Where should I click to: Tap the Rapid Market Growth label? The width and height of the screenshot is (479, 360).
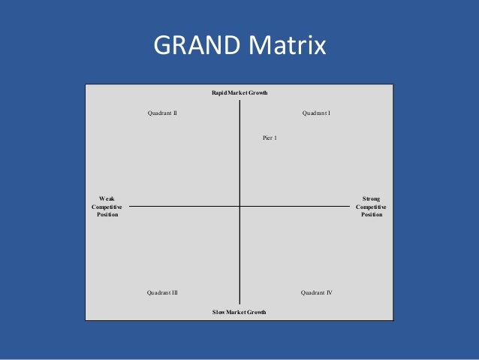coord(239,92)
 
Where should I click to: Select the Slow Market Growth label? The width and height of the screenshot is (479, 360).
coord(239,311)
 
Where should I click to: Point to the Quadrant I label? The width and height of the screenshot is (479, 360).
coord(317,113)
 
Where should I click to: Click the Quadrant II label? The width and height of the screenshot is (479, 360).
coord(162,113)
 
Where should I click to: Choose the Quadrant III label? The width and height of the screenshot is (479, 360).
coord(162,292)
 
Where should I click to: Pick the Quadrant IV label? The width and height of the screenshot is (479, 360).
coord(317,292)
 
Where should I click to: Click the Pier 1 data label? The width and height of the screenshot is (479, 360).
coord(270,138)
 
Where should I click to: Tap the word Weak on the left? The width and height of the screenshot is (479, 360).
coord(107,198)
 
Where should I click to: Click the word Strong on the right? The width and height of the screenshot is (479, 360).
coord(371,198)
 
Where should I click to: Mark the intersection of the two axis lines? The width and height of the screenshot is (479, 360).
coord(239,205)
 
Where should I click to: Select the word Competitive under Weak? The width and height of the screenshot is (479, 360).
coord(107,207)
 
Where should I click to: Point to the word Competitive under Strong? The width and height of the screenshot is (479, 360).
coord(371,207)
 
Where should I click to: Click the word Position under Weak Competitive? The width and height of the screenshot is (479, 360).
coord(107,214)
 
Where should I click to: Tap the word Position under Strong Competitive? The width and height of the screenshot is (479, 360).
coord(371,214)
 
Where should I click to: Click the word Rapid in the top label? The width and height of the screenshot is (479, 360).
coord(219,92)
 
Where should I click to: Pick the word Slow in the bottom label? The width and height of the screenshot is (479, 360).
coord(219,311)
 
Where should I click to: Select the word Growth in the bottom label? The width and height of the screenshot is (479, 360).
coord(257,311)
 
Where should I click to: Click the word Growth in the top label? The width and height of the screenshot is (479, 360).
coord(258,92)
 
